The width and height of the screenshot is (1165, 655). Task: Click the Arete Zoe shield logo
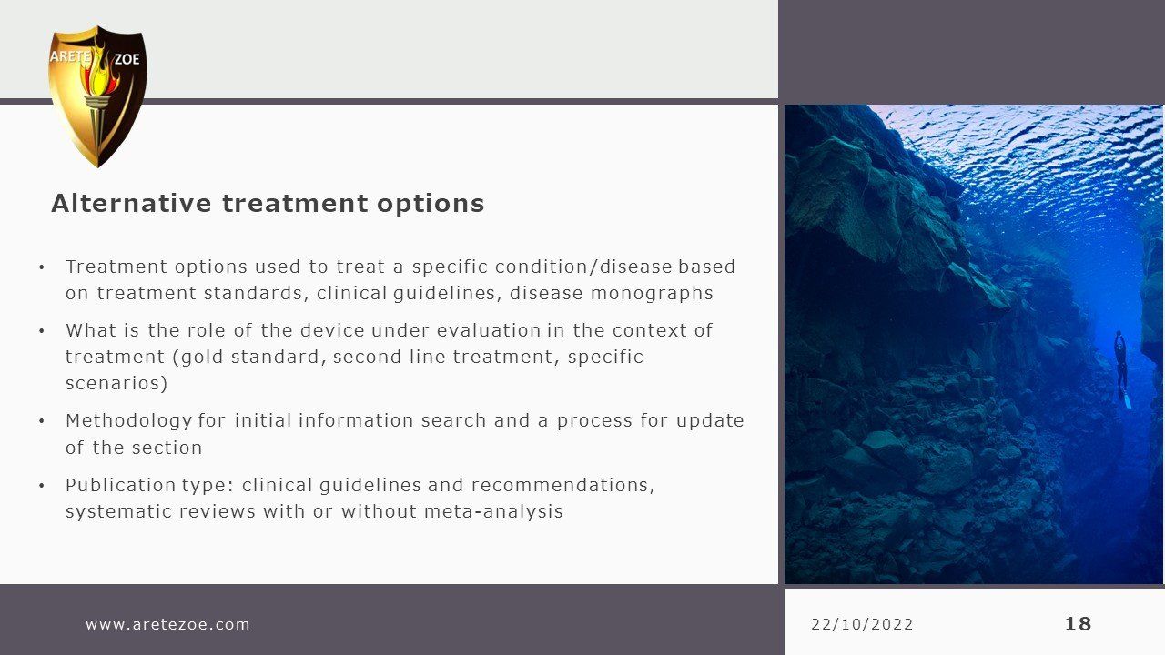[x=97, y=96]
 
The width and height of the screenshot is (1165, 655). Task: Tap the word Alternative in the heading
[x=131, y=203]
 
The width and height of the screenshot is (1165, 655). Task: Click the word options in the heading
[x=431, y=204]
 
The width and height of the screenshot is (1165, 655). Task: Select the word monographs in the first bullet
[x=652, y=294]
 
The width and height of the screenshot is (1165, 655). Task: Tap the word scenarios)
[x=116, y=384]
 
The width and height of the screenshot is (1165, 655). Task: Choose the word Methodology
[x=128, y=421]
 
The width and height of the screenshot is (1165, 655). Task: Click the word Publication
[x=120, y=485]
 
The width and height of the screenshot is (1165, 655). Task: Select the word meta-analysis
[x=493, y=511]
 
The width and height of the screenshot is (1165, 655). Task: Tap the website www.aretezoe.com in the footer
[x=167, y=624]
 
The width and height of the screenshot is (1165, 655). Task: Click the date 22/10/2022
[x=862, y=624]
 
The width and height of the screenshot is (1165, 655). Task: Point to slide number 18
[x=1079, y=624]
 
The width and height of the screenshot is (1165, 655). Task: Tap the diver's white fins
[x=1126, y=400]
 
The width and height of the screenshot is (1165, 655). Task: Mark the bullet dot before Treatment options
[x=42, y=267]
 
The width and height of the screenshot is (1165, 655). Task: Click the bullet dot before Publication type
[x=42, y=486]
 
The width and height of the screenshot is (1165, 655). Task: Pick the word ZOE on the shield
[x=127, y=59]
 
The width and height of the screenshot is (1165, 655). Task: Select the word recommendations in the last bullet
[x=563, y=485]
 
